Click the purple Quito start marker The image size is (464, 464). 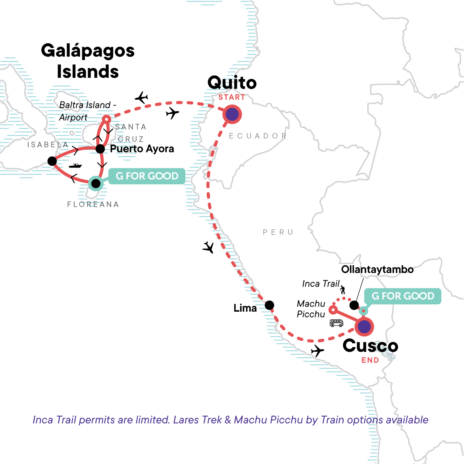232,114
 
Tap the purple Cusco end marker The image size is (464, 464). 364,327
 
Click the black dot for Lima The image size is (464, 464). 270,305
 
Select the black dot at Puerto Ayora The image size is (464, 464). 100,149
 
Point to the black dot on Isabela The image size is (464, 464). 52,161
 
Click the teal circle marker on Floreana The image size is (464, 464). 96,183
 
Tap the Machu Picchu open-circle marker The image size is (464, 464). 332,310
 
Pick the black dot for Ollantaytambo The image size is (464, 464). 354,305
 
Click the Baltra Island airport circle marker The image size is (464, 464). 106,119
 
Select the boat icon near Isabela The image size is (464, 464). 75,166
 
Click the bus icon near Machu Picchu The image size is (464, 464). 336,323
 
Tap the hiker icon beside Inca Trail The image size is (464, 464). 343,290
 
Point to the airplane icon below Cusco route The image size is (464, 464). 317,351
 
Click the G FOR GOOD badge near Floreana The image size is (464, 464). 147,176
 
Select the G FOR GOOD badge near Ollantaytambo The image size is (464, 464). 403,296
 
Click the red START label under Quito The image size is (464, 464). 232,97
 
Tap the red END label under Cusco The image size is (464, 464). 370,360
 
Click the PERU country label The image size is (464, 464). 278,232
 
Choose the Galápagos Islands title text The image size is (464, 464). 88,61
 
